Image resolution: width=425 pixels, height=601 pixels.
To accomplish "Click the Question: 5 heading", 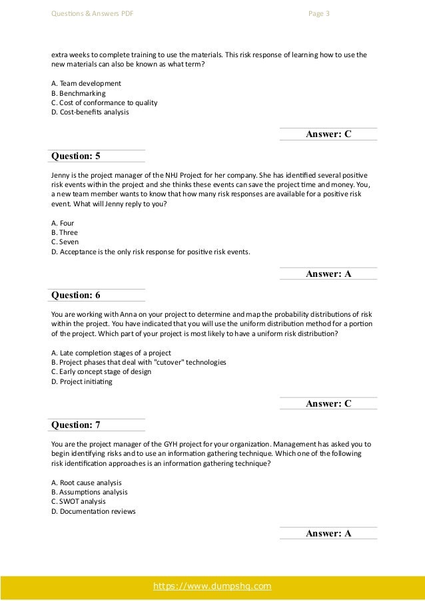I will tap(76, 156).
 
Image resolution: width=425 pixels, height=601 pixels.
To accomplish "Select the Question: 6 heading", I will tap(76, 295).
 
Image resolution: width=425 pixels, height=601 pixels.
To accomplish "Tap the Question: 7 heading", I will tap(76, 424).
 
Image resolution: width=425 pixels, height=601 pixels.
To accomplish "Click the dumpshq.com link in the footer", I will tap(212, 586).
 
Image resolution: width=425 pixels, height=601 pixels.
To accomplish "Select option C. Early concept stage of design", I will tap(101, 371).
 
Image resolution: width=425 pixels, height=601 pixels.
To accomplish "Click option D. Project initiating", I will tap(82, 381).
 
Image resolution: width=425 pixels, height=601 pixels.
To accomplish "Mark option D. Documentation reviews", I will tap(93, 511).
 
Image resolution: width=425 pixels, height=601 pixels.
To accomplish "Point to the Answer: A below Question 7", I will tap(328, 533).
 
